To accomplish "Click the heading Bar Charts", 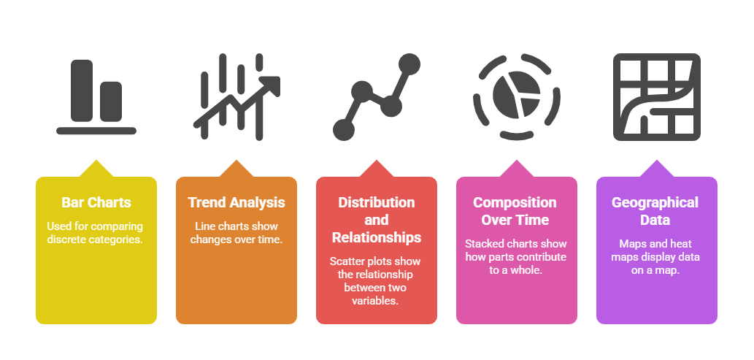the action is pyautogui.click(x=96, y=202).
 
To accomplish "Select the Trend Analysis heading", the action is pyautogui.click(x=236, y=202).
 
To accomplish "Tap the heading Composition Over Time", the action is pyautogui.click(x=515, y=211).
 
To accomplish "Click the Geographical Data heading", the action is pyautogui.click(x=655, y=211).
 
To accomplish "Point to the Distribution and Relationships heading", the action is pyautogui.click(x=377, y=220).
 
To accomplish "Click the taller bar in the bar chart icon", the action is pyautogui.click(x=82, y=91).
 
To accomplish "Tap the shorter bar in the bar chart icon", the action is pyautogui.click(x=111, y=102).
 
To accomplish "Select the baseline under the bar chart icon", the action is pyautogui.click(x=96, y=131).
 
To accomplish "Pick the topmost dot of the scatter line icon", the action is pyautogui.click(x=409, y=64).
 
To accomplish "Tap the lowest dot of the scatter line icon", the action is pyautogui.click(x=344, y=130).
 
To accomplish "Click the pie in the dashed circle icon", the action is pyautogui.click(x=516, y=94).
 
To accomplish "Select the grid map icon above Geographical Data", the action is pyautogui.click(x=656, y=96).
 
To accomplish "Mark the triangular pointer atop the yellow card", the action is pyautogui.click(x=96, y=169).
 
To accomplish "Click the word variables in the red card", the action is pyautogui.click(x=377, y=302).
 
